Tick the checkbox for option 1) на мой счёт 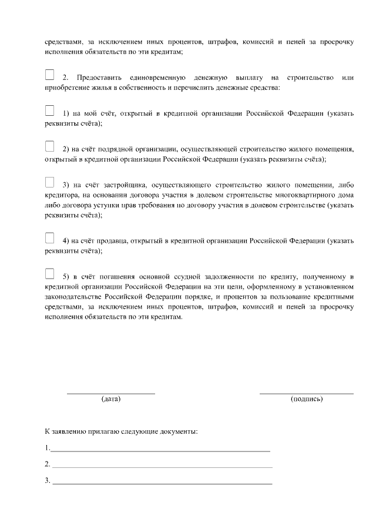click(49, 111)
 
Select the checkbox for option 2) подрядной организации click(49, 146)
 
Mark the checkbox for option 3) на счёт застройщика click(49, 182)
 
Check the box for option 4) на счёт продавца click(49, 238)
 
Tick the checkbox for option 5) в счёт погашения click(49, 273)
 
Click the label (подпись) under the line click(306, 399)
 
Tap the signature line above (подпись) click(306, 392)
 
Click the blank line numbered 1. click(160, 450)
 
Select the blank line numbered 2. click(162, 466)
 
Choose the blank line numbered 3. click(162, 483)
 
